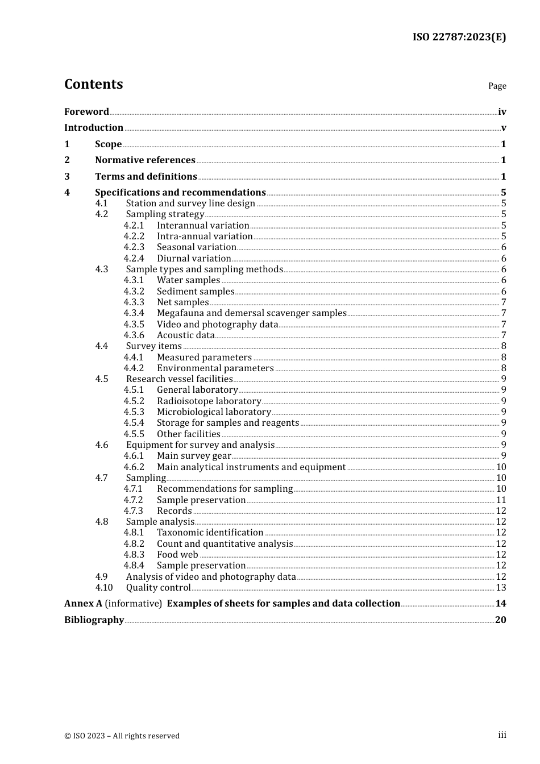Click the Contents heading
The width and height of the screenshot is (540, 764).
[x=93, y=84]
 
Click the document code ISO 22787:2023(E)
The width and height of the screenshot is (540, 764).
[x=459, y=37]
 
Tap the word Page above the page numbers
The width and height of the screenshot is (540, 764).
[x=497, y=86]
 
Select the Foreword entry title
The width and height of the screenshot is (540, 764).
[x=86, y=111]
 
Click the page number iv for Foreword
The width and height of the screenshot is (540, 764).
[x=502, y=112]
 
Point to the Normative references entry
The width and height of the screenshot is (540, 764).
[x=145, y=160]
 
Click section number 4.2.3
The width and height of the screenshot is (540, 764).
[x=134, y=247]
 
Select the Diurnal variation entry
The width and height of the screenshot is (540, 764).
[x=194, y=258]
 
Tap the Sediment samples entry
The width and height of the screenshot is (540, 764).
[x=196, y=291]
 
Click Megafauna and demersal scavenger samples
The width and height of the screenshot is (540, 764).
[x=251, y=313]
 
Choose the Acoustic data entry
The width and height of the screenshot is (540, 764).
[x=186, y=335]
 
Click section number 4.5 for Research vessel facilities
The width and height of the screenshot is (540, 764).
[x=102, y=379]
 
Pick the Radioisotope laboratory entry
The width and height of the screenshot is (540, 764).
[x=209, y=401]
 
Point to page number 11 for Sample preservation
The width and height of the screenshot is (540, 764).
[x=501, y=500]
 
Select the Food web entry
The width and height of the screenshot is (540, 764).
[x=177, y=555]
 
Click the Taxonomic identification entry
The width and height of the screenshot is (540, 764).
[x=210, y=533]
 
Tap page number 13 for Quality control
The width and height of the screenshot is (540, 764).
[x=501, y=588]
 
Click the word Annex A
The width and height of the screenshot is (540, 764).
[x=83, y=604]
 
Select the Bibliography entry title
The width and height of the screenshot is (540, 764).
[x=94, y=620]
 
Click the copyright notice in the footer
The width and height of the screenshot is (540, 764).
[x=122, y=736]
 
